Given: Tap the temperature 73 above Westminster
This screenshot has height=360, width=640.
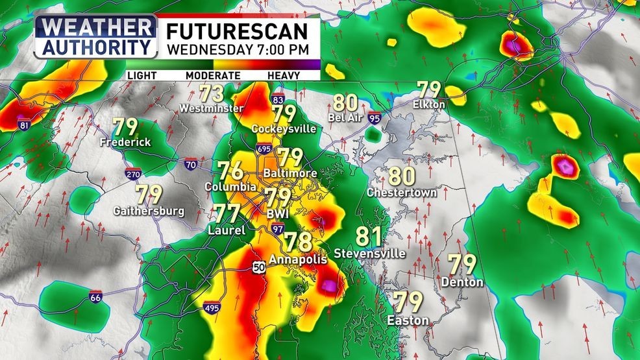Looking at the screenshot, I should [x=212, y=93].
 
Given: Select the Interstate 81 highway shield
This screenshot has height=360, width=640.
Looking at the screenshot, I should [x=25, y=125].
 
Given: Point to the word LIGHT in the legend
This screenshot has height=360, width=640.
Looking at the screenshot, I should [x=142, y=75].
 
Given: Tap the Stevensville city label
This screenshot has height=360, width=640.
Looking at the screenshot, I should [x=369, y=253].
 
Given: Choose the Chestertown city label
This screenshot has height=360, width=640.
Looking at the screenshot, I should [x=402, y=193].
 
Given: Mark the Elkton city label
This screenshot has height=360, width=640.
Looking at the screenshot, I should [x=429, y=104].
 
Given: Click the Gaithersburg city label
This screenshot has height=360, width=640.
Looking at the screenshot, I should [x=149, y=211].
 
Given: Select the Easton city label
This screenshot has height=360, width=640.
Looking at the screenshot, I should [x=408, y=320].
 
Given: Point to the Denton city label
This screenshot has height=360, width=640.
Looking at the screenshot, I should [x=462, y=282].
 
